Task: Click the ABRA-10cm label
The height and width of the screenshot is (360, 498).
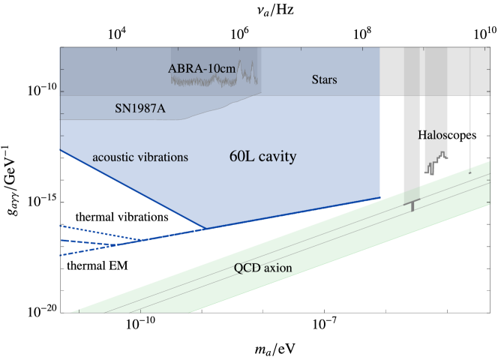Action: [x=201, y=69]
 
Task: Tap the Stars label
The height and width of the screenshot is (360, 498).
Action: [x=324, y=79]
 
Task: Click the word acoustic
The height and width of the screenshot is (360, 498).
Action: [x=117, y=157]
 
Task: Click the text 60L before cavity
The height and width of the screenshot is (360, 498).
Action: [x=243, y=157]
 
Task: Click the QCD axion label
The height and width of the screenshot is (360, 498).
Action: [x=262, y=268]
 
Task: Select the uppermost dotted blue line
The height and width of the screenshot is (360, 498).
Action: [x=97, y=231]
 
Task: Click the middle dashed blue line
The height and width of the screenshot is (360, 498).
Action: [x=97, y=242]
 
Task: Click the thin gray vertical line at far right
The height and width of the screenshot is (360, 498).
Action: [x=470, y=135]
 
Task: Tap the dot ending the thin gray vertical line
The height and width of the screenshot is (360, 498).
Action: [x=470, y=172]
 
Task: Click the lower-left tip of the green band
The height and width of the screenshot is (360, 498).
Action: [x=72, y=311]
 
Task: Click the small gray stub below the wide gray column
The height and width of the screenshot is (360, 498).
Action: [x=412, y=207]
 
